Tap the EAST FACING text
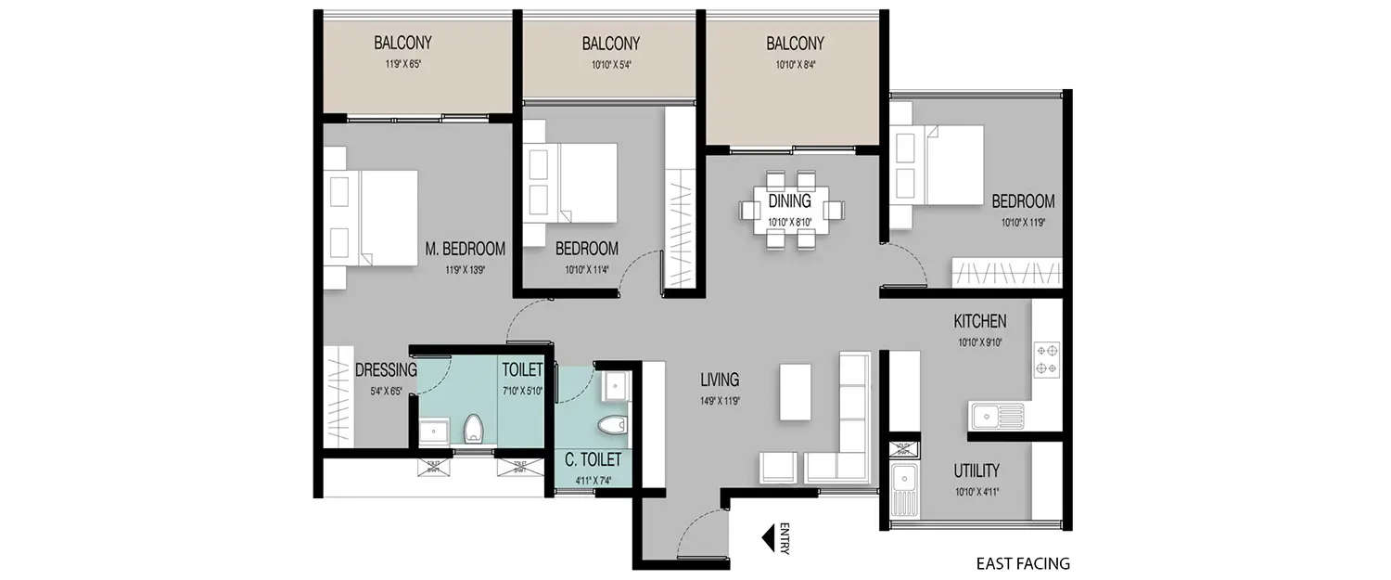coord(1023,563)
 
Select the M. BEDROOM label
coord(465,249)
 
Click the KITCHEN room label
coord(979,322)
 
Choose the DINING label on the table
coord(789,200)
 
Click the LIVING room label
coord(719,380)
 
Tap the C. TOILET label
coord(593,459)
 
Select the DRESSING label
coord(386,370)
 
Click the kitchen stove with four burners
coord(1047,360)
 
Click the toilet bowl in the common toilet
coord(612,425)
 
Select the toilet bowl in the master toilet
coord(473,429)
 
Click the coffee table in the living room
coord(794,392)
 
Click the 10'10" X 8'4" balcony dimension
coord(794,66)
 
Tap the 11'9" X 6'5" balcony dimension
coord(402,66)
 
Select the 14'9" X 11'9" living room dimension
coord(719,402)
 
